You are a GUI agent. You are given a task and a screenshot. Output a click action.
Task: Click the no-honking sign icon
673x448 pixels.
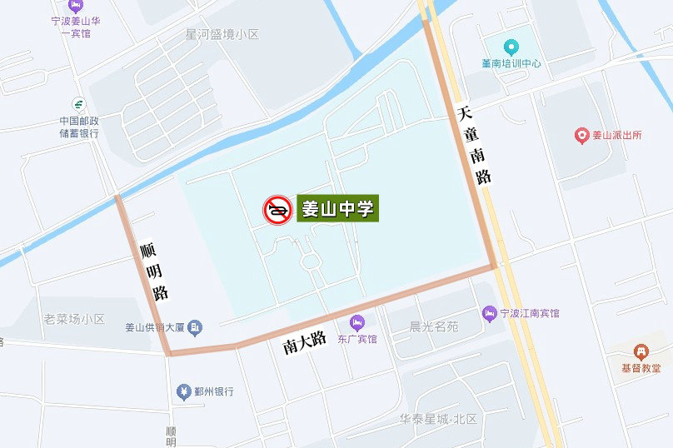pos(277,210)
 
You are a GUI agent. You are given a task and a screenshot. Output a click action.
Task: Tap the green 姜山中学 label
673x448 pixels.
pos(338,208)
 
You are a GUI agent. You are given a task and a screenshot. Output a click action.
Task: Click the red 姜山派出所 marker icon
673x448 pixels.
pos(582,135)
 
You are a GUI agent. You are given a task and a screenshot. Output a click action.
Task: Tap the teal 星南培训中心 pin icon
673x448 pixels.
pos(511,46)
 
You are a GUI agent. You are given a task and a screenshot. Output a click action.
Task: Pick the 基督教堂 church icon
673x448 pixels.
pos(640,351)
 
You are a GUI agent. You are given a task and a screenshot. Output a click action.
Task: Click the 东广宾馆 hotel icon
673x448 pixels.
pos(357,321)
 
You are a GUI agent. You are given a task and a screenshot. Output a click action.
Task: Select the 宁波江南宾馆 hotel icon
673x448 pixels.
pos(490,314)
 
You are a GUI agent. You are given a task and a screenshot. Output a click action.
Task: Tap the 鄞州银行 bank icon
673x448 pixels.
pos(182,391)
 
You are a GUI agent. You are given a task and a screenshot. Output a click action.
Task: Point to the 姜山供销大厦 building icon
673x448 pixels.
pos(195,326)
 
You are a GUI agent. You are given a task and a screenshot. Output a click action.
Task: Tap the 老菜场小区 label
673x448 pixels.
pos(74,319)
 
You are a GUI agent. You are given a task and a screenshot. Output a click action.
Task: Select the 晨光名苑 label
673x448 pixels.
pos(433,326)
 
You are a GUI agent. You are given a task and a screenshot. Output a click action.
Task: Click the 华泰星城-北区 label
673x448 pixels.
pos(437,419)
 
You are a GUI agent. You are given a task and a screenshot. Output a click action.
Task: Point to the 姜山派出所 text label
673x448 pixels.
pos(617,135)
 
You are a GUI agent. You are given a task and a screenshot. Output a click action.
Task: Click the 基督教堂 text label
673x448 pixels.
pos(641,368)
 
